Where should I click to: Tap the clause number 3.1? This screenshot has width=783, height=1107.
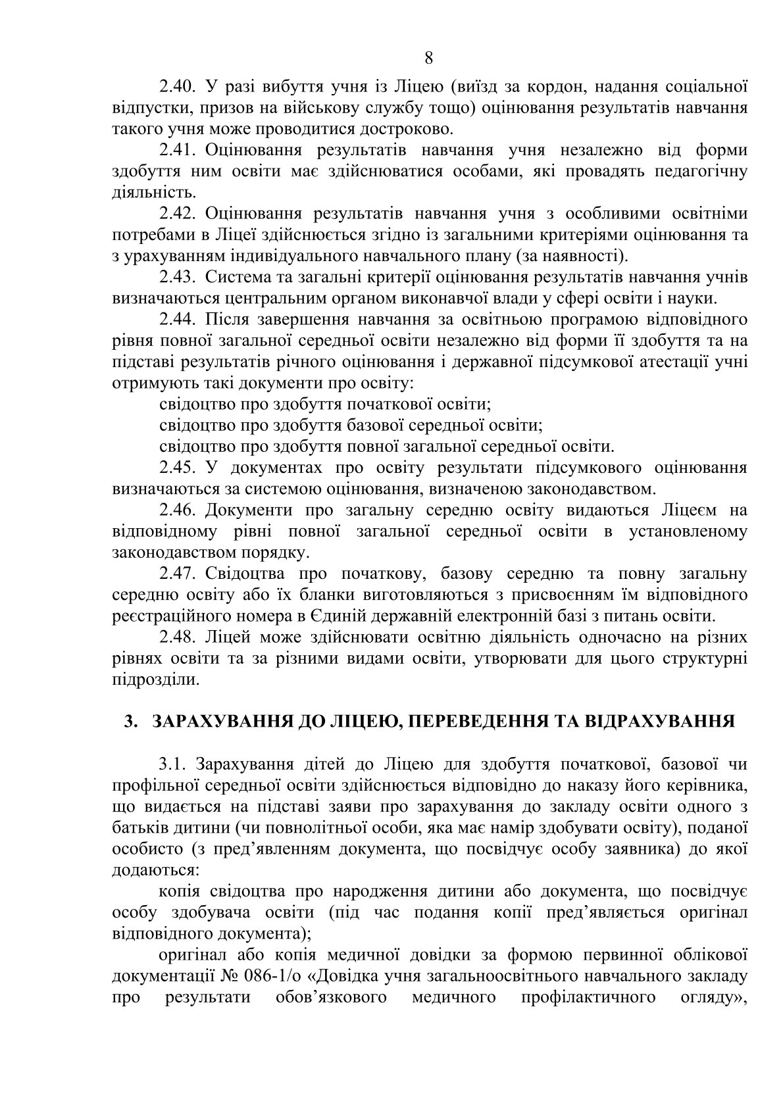(x=173, y=764)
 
